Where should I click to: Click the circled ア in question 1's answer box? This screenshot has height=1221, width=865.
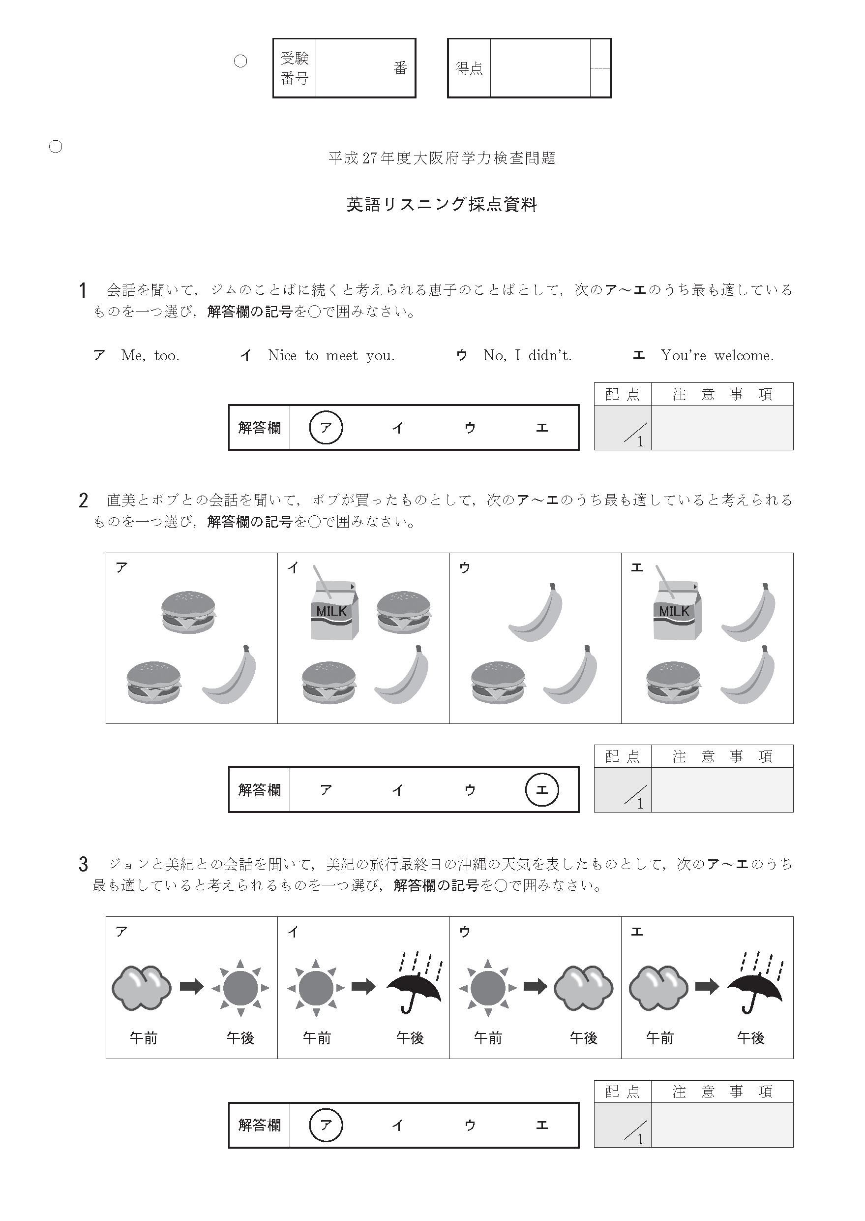click(326, 428)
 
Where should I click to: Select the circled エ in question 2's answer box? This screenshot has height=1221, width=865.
click(542, 790)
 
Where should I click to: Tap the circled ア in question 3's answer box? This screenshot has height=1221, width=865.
click(326, 1125)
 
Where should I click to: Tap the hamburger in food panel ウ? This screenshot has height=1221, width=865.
click(498, 683)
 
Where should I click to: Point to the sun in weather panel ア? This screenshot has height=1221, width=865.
click(240, 988)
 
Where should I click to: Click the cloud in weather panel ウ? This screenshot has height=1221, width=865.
click(583, 988)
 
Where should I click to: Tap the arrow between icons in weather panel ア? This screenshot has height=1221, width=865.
click(192, 987)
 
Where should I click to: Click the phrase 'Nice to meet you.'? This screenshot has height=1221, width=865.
click(331, 355)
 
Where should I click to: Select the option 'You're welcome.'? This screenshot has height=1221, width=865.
click(717, 355)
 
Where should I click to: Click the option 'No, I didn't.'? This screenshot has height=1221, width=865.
click(527, 355)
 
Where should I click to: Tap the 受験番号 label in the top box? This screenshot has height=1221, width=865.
click(295, 68)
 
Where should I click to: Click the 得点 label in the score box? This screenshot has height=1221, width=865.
click(469, 68)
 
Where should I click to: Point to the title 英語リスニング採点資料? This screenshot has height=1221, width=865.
click(442, 205)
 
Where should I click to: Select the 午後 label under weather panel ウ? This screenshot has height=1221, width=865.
click(583, 1037)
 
